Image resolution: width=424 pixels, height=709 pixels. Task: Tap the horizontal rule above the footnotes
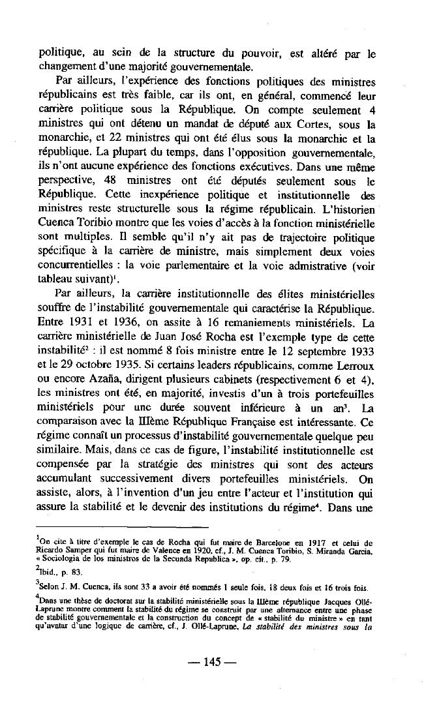click(123, 526)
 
